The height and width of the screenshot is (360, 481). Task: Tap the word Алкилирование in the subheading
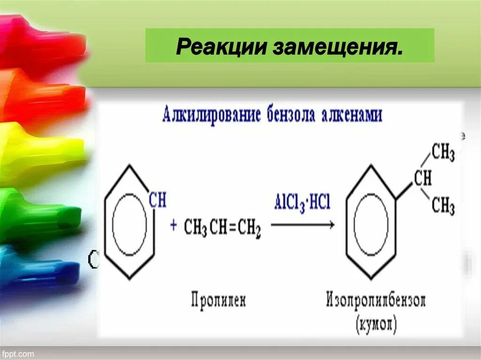pos(211,115)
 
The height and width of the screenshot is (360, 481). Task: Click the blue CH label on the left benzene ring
pos(157,201)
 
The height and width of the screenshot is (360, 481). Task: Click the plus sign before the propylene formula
pos(173,225)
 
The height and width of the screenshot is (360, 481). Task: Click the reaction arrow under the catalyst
pos(303,225)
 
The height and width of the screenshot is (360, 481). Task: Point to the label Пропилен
pos(218,299)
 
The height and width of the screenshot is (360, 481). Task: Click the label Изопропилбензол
pos(376,300)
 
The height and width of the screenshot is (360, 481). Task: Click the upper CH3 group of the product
pos(443,153)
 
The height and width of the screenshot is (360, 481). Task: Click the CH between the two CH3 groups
pos(422,179)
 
